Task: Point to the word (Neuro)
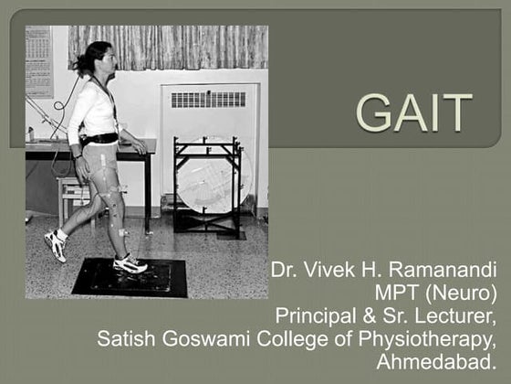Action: pos(464,293)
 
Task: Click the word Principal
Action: pos(315,316)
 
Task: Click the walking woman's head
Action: pos(99,59)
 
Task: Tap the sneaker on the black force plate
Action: pos(130,263)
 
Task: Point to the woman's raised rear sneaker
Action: pos(56,245)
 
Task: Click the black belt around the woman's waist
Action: pos(100,139)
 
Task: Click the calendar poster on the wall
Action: pos(38,60)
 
